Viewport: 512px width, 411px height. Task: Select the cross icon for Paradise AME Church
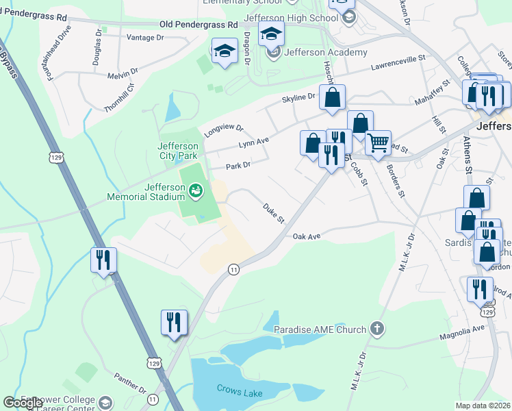(376, 329)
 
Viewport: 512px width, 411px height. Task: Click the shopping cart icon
(377, 143)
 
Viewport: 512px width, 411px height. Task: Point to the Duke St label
(273, 212)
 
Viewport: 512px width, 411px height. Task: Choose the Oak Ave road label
(307, 236)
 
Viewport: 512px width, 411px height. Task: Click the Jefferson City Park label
(177, 151)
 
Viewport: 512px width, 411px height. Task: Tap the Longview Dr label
(221, 129)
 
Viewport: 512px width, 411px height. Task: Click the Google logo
(23, 403)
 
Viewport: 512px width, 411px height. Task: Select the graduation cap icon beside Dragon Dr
(224, 51)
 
